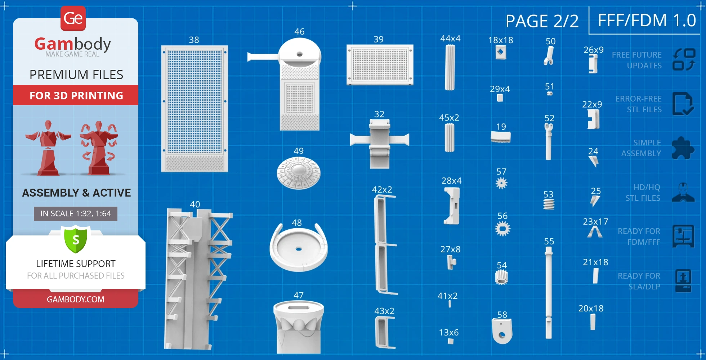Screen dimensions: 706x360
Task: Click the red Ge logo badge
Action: coord(73,18)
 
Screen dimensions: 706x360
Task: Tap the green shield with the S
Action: coord(76,239)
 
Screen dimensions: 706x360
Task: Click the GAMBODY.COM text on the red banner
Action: coord(76,300)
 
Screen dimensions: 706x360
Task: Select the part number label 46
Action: coord(299,32)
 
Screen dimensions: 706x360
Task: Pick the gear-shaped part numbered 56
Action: coord(502,229)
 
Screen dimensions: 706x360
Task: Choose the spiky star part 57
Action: coord(501,183)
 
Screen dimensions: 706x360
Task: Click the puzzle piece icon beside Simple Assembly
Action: coord(683,148)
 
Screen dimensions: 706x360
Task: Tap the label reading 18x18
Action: coord(501,40)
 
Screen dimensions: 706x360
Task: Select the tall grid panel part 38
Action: coord(195,109)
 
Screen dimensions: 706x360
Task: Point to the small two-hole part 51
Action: coord(550,94)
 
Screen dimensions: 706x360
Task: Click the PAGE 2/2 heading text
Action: coord(542,21)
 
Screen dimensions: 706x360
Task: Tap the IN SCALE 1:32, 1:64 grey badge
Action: coord(76,214)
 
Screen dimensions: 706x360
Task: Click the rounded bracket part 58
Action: coord(502,331)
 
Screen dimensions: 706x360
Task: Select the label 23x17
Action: coord(595,222)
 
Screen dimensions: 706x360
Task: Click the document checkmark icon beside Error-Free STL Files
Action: coord(683,104)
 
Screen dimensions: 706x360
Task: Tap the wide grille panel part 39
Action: coord(380,65)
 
